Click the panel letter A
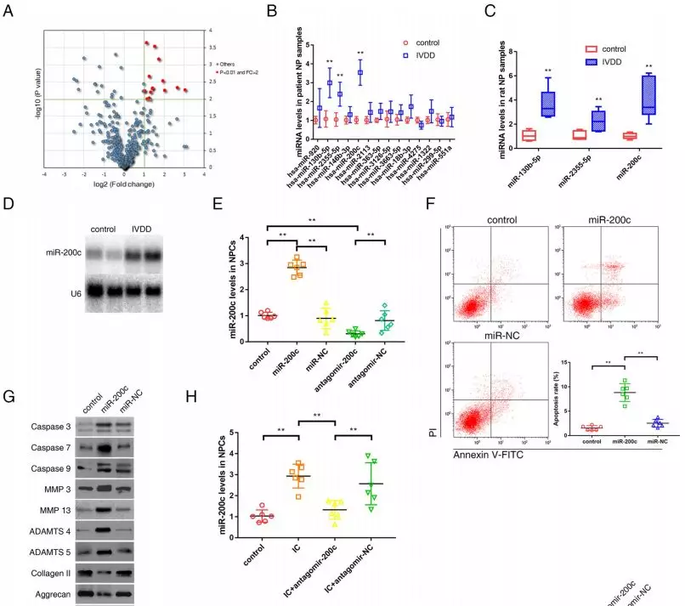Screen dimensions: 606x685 coord(9,11)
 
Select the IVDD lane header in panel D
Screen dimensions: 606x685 coord(145,229)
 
